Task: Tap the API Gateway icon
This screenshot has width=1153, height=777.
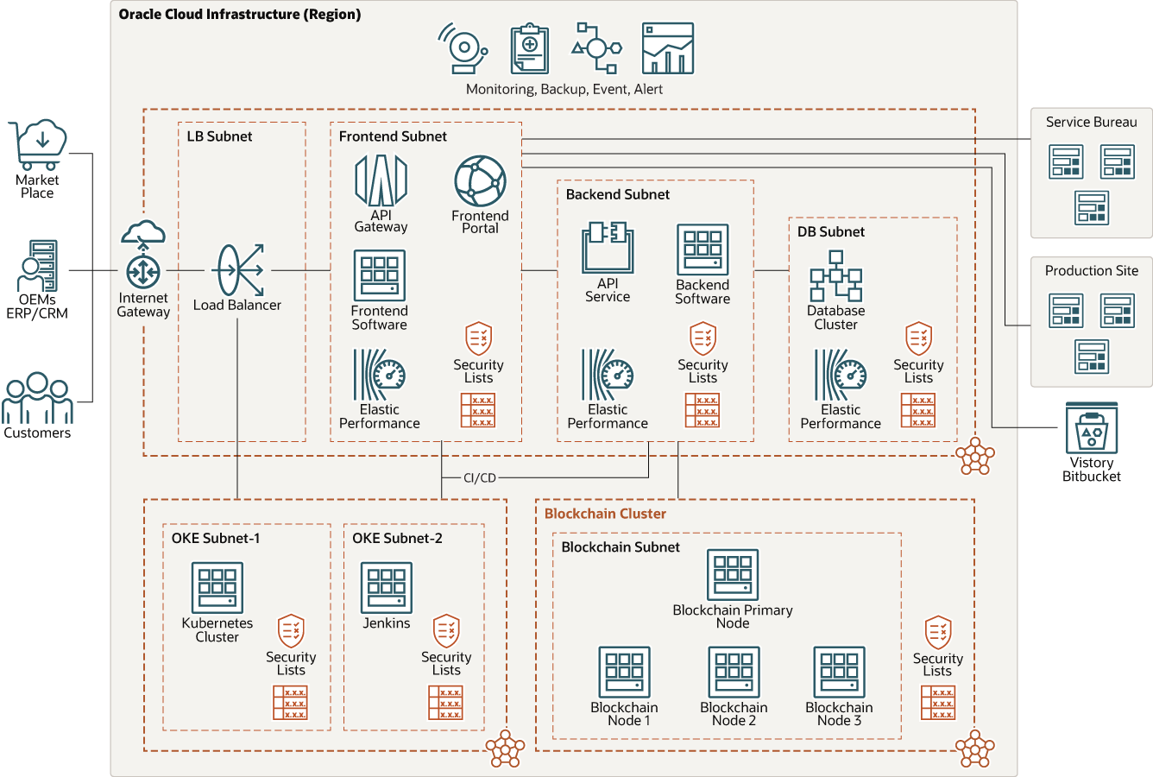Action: [381, 180]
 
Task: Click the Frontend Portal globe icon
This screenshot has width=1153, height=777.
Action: [480, 181]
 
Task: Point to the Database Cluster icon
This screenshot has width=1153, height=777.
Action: [835, 276]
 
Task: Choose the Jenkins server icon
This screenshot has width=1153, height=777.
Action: [387, 588]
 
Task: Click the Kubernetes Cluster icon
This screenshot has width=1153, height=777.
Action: [217, 588]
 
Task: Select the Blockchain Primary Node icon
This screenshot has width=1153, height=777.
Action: [733, 575]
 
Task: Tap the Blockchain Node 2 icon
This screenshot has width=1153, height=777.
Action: [734, 672]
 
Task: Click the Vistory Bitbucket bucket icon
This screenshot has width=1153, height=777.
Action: [1092, 428]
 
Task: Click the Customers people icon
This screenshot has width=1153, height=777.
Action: [37, 397]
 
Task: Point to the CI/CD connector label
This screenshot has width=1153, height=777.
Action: [480, 477]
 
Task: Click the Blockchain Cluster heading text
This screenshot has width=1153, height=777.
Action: [605, 514]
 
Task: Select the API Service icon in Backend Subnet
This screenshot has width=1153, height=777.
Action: [608, 247]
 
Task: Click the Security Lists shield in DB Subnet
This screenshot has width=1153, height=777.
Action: [918, 339]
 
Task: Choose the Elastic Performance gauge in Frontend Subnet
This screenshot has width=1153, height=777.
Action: [379, 375]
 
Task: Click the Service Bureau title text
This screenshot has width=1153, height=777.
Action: [1091, 123]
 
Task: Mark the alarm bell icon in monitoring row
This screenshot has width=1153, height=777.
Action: [463, 49]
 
